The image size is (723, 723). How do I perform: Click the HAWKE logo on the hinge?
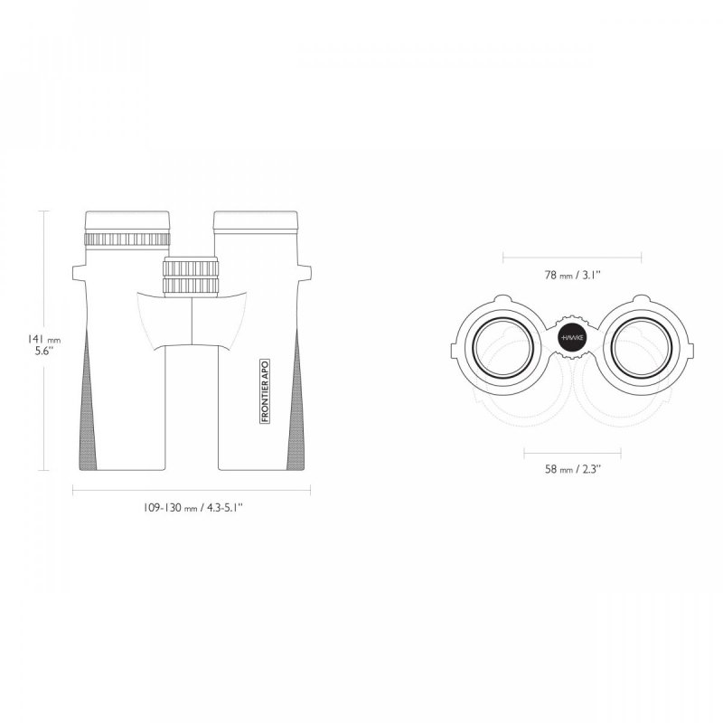click(572, 337)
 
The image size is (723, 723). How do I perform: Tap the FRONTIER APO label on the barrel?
click(265, 391)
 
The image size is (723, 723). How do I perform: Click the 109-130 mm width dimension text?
click(192, 508)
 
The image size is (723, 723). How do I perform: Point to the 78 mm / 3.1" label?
click(573, 276)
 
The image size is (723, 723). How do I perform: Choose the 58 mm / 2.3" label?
click(573, 469)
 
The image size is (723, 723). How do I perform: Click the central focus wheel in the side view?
click(191, 277)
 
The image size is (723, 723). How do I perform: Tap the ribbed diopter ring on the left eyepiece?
click(127, 239)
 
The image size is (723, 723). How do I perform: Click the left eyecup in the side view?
click(127, 221)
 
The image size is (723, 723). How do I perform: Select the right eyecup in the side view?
click(256, 221)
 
